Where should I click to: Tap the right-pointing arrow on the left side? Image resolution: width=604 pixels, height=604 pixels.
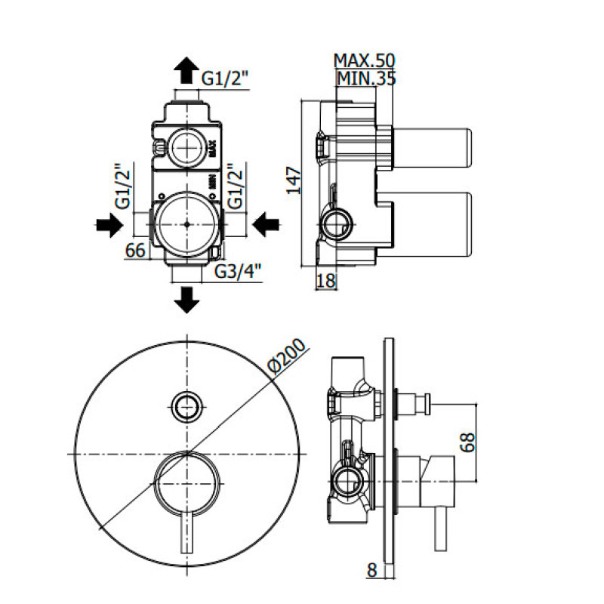tap(109, 224)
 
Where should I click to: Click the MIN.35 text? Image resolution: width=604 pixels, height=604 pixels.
tap(367, 77)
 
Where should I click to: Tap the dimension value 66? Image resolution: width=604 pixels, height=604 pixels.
tap(135, 251)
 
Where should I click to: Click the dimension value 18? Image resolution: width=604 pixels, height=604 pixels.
tap(325, 281)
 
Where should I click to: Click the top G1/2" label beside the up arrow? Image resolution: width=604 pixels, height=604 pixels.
tap(225, 76)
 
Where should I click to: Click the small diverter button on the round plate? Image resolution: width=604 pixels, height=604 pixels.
tap(186, 407)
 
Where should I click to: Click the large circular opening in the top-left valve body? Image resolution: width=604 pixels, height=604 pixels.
tap(186, 224)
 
